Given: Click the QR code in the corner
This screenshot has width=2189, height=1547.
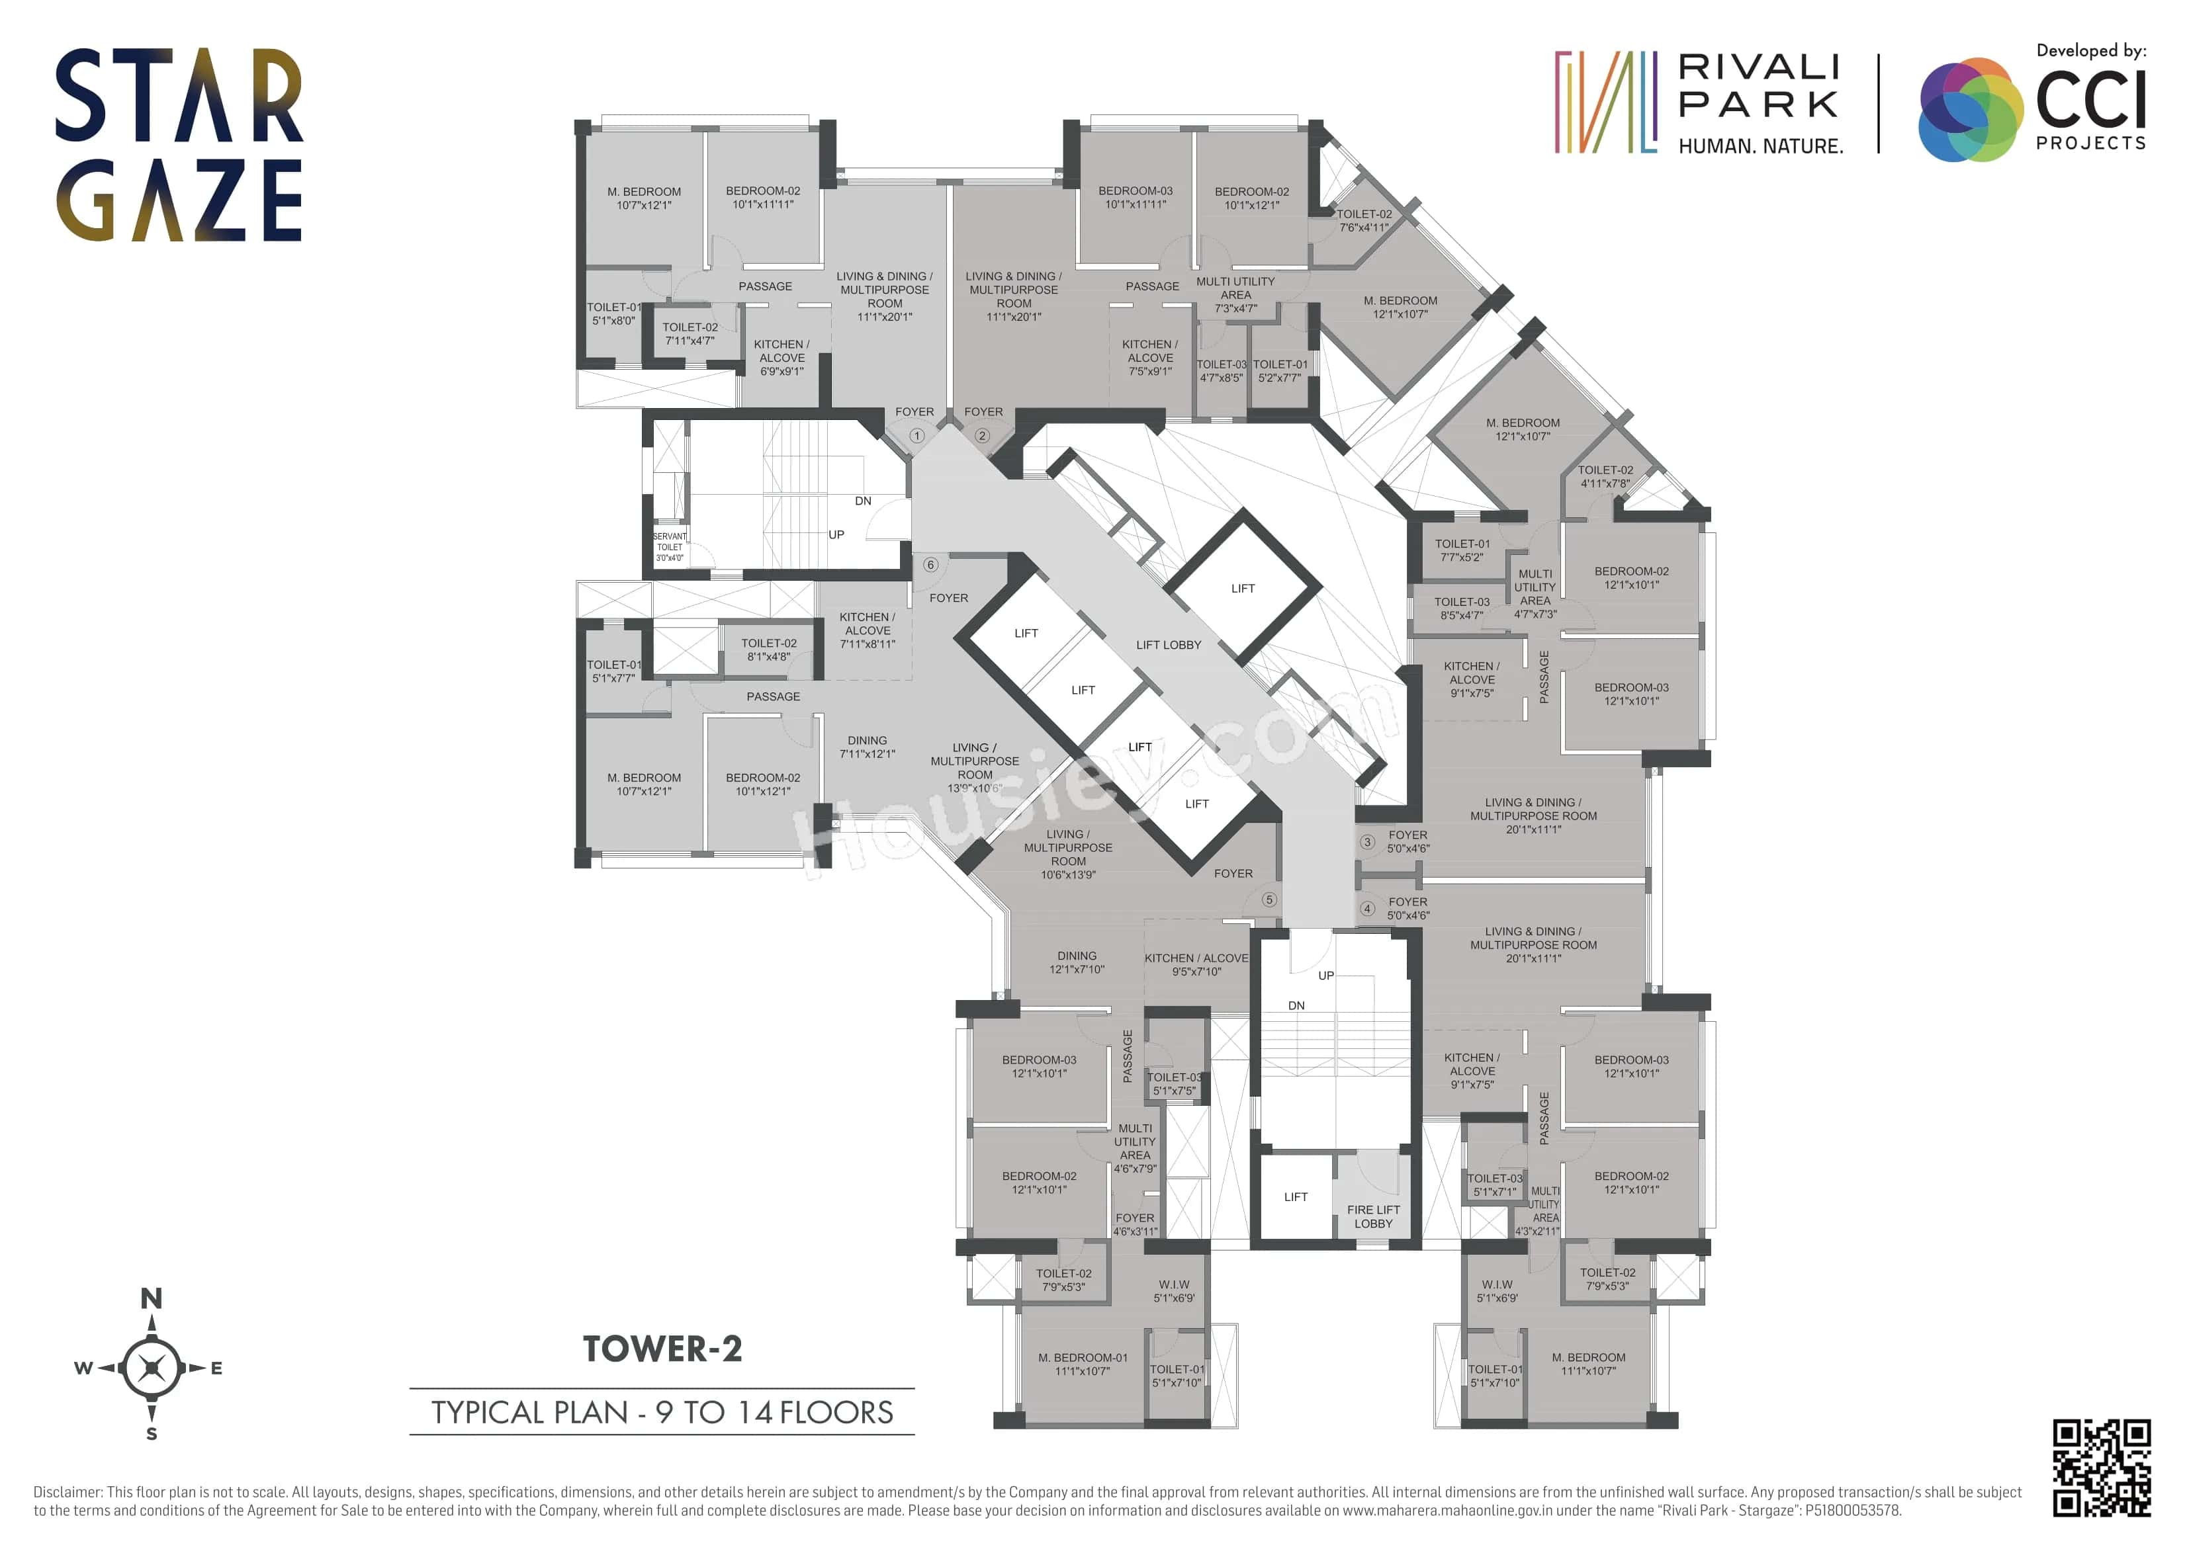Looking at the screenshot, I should click(x=2101, y=1467).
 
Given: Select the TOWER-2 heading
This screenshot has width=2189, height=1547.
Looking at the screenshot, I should click(x=662, y=1349).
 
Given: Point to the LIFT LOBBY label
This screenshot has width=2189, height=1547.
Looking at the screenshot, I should click(x=1168, y=646).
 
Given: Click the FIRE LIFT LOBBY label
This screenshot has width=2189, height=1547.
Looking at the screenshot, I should click(x=1373, y=1216).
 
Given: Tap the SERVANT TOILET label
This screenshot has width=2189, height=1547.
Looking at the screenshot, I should click(x=669, y=547).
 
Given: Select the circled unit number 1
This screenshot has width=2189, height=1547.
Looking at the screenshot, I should click(x=916, y=436).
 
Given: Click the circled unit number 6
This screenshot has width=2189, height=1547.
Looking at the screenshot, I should click(x=930, y=564).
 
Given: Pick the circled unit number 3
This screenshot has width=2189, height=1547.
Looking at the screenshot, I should click(x=1367, y=842).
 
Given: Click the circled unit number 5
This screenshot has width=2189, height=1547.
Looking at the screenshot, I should click(x=1269, y=899).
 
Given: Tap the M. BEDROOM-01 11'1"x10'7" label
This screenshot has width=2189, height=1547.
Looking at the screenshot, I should click(x=1082, y=1364).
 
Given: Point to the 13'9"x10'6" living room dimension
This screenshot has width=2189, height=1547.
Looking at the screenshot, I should click(x=974, y=788).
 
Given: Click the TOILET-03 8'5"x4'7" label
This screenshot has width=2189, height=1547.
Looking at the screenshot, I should click(x=1462, y=608).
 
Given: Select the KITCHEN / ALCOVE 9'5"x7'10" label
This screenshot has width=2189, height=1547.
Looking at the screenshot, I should click(x=1196, y=964).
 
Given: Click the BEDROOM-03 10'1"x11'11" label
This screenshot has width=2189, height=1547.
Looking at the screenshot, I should click(x=1135, y=197).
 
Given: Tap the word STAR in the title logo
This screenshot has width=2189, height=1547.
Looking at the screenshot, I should click(x=178, y=95).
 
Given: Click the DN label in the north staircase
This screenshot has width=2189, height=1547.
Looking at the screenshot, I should click(x=863, y=501).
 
